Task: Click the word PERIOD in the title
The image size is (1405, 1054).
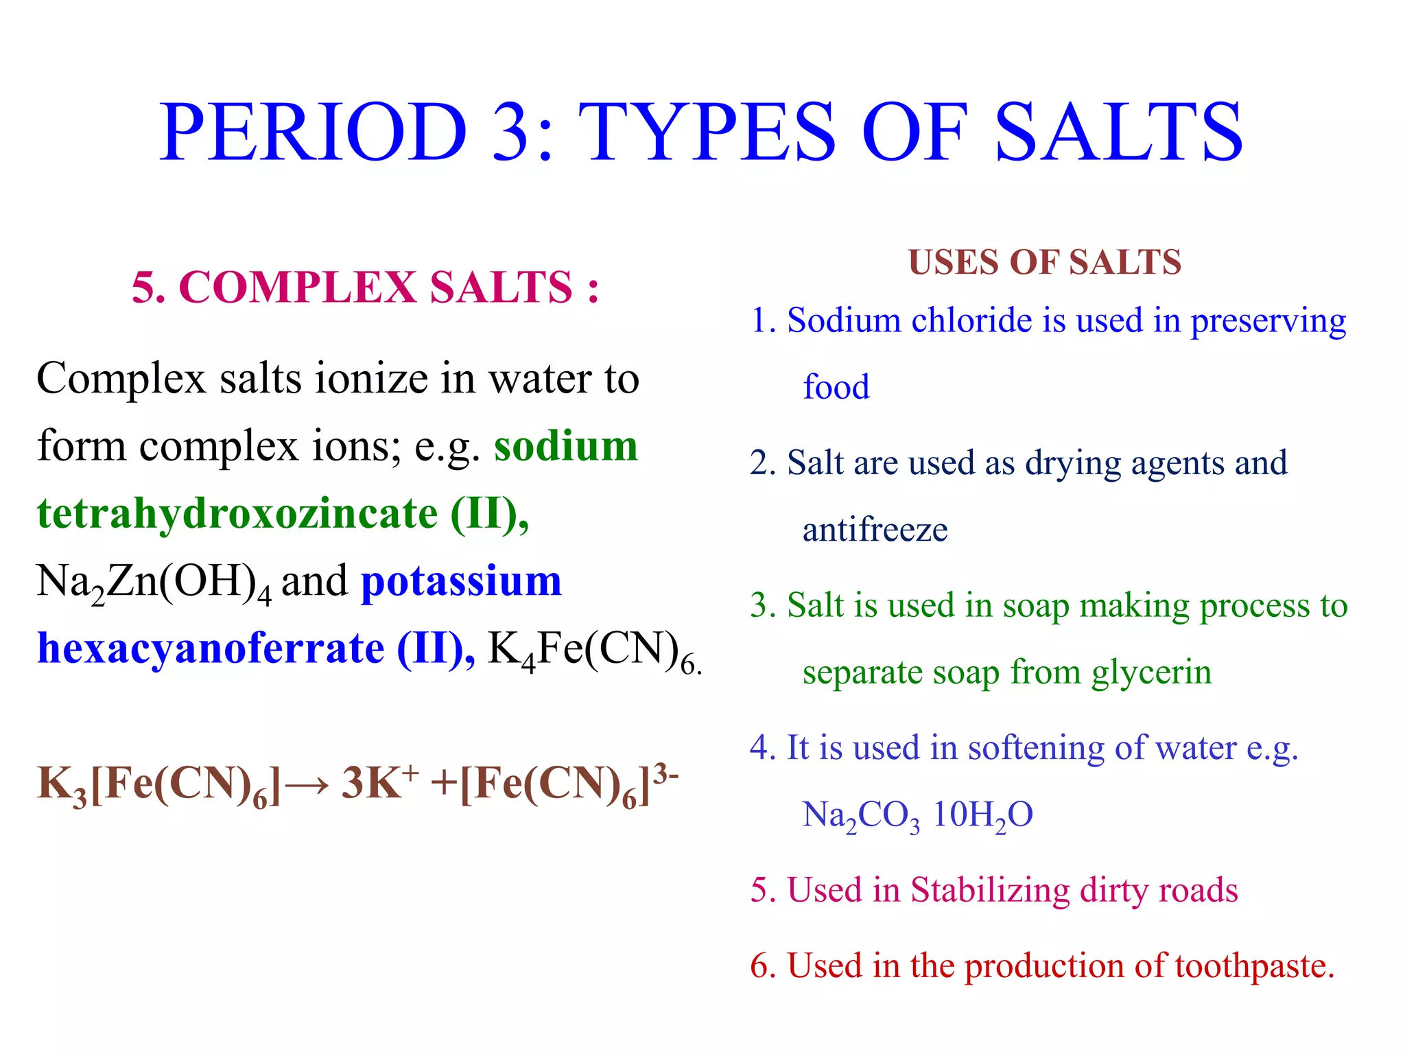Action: [x=313, y=132]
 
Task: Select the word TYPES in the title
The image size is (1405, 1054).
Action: [x=707, y=132]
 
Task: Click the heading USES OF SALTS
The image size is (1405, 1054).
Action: [x=1044, y=263]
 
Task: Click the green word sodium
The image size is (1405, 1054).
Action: [x=566, y=446]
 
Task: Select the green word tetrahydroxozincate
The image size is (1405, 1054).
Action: [x=237, y=513]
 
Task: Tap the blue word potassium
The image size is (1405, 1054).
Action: [x=461, y=581]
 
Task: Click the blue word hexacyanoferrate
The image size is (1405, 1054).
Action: [x=211, y=648]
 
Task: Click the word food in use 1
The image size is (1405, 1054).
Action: [x=836, y=387]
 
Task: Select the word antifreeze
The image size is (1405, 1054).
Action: [x=875, y=530]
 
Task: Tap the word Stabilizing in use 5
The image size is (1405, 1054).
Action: [x=989, y=891]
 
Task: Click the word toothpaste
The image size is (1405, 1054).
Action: [x=1253, y=966]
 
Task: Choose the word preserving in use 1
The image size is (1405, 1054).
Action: [x=1268, y=321]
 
